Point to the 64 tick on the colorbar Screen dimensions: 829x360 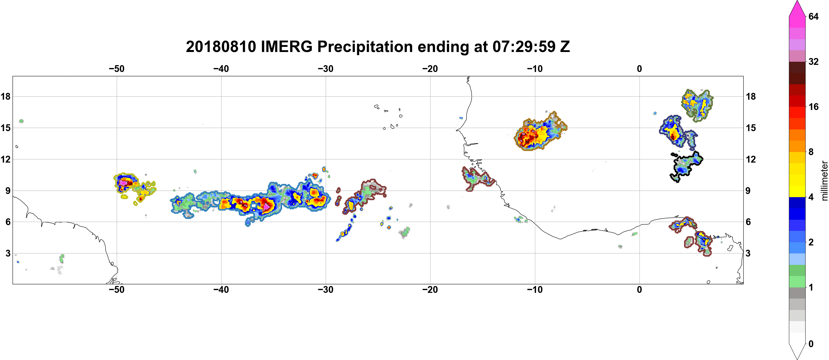click(813, 16)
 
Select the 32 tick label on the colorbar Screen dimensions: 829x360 click(813, 61)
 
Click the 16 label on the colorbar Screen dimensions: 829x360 click(813, 107)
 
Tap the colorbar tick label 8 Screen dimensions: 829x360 click(811, 152)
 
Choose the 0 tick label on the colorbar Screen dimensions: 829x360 click(811, 344)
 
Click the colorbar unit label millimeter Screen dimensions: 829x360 click(824, 181)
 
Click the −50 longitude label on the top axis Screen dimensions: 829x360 click(116, 69)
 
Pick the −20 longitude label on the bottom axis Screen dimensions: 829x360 click(430, 290)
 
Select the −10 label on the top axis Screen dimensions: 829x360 click(535, 69)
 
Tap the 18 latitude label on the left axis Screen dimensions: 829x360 click(5, 96)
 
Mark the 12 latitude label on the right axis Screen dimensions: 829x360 click(751, 159)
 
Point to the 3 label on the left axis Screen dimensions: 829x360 click(8, 253)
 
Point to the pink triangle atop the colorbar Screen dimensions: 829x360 click(797, 9)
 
